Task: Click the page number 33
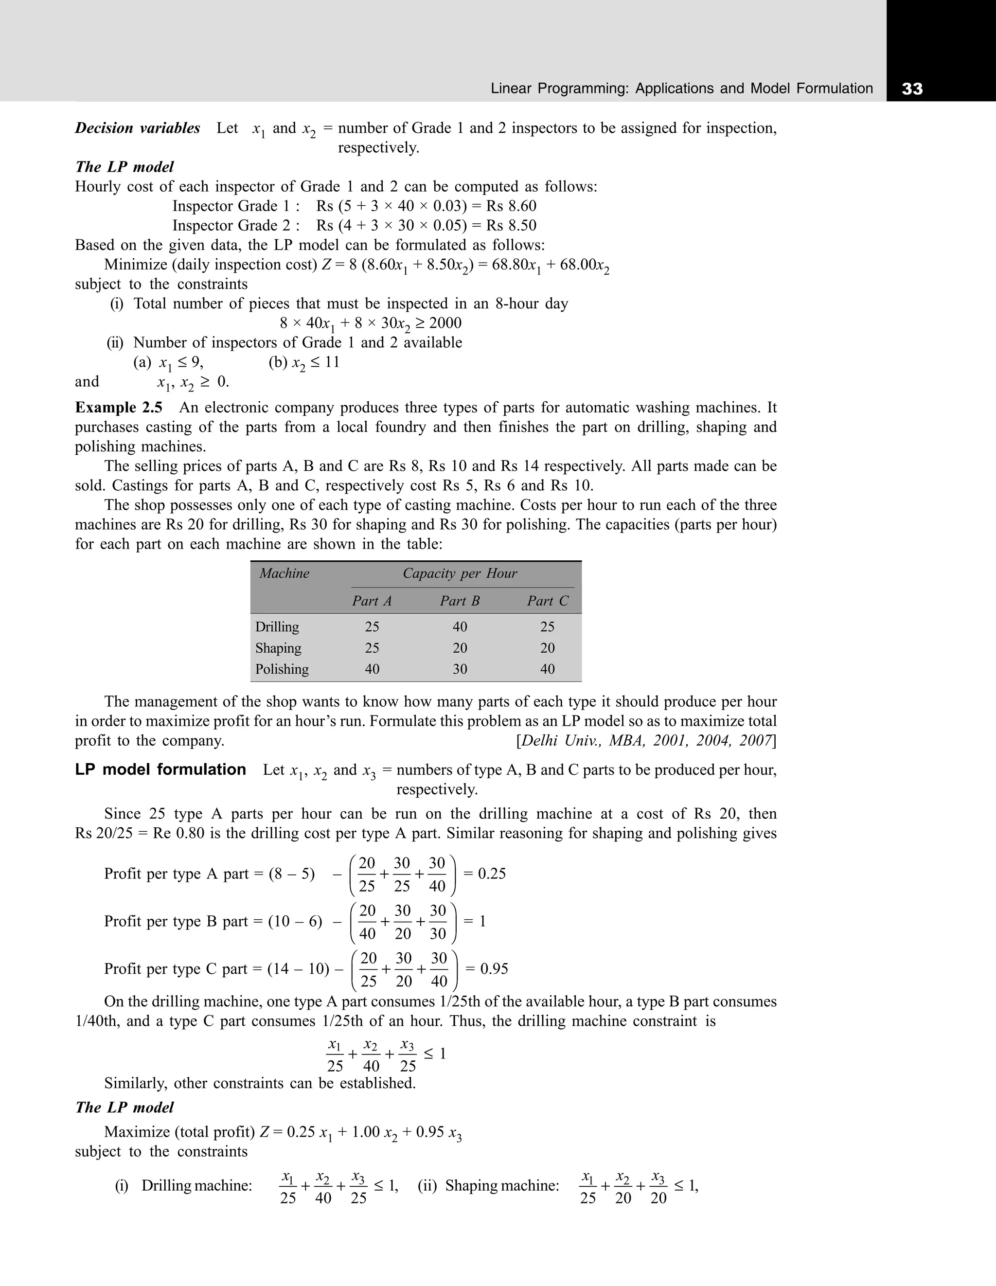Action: pos(912,89)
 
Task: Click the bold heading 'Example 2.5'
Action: pos(118,408)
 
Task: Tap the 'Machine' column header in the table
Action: pos(285,573)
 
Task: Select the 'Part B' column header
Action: pos(460,601)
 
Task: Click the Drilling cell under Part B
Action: pos(460,626)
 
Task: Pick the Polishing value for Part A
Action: pos(372,669)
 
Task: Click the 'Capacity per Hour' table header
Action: pos(460,573)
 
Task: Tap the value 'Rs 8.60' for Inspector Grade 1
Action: pos(511,206)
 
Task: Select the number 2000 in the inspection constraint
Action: pos(445,323)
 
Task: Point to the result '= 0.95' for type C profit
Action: pos(487,968)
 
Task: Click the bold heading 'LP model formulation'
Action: pos(160,769)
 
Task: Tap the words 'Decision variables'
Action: pos(137,128)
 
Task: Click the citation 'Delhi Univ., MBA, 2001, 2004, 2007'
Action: pos(645,741)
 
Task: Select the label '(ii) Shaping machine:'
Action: pos(488,1185)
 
